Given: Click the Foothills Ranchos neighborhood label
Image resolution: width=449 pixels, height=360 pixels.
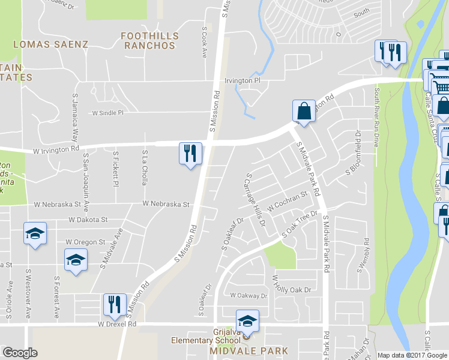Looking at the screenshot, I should tap(148, 40).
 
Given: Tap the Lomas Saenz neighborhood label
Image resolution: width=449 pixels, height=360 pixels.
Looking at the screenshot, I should tap(50, 44).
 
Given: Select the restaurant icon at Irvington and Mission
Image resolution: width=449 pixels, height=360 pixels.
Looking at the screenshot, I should tap(190, 154).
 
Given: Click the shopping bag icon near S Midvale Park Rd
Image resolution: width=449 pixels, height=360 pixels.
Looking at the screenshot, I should tap(304, 111).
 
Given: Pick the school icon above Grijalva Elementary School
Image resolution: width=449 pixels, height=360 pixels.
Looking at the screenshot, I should tap(247, 320).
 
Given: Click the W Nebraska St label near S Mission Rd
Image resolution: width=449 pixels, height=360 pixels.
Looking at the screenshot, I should tap(166, 204).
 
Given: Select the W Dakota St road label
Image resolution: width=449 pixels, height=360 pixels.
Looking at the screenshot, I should tap(88, 220).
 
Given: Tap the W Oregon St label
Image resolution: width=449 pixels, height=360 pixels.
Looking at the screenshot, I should tap(85, 242).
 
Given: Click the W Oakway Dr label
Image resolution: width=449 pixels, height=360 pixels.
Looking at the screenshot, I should tap(249, 296).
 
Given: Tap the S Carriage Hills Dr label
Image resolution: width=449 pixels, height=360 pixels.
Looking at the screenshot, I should tap(255, 208).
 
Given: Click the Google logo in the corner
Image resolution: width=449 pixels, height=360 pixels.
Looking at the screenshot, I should tap(20, 353).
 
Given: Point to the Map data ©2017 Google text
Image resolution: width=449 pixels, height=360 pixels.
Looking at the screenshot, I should tap(412, 355).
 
